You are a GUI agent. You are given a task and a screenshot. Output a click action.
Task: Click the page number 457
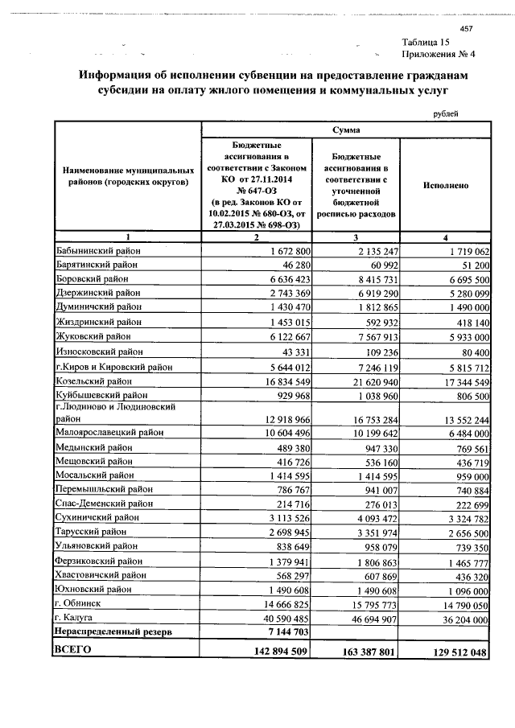tap(465, 28)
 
